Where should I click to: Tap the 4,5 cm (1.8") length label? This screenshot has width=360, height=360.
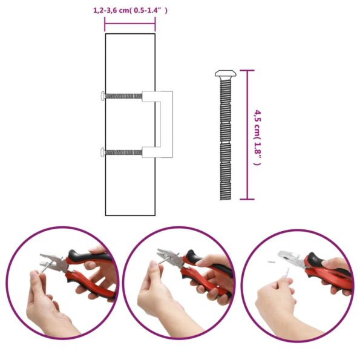coord(257,138)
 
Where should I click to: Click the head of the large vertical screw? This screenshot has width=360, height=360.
coord(226,73)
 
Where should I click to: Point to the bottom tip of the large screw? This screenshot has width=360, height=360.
coord(226,199)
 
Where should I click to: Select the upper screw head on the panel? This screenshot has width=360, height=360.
coord(103,96)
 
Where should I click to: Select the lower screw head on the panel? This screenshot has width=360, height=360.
coord(103,152)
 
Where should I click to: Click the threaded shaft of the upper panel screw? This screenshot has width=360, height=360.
coord(123,96)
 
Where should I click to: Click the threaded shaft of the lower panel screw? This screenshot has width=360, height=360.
coord(123,152)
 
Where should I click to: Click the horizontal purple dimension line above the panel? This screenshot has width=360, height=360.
coord(130,24)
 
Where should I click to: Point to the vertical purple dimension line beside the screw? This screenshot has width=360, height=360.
coord(247,134)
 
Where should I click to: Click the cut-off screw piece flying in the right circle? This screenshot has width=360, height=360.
coord(271,261)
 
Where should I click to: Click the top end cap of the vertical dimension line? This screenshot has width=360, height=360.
coord(247,70)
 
